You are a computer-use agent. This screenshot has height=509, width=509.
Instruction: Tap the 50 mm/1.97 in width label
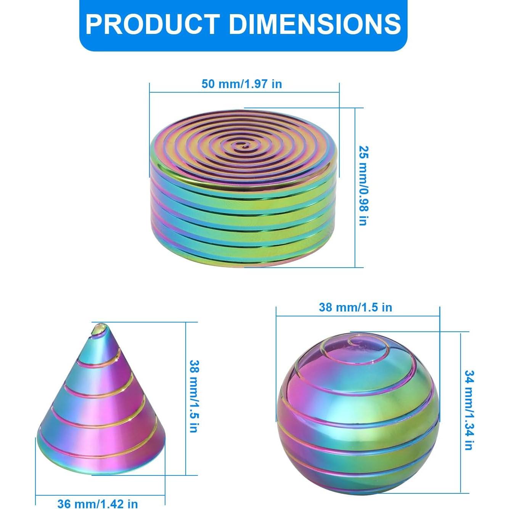242,84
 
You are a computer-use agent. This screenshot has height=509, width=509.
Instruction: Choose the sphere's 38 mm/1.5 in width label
355,307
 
